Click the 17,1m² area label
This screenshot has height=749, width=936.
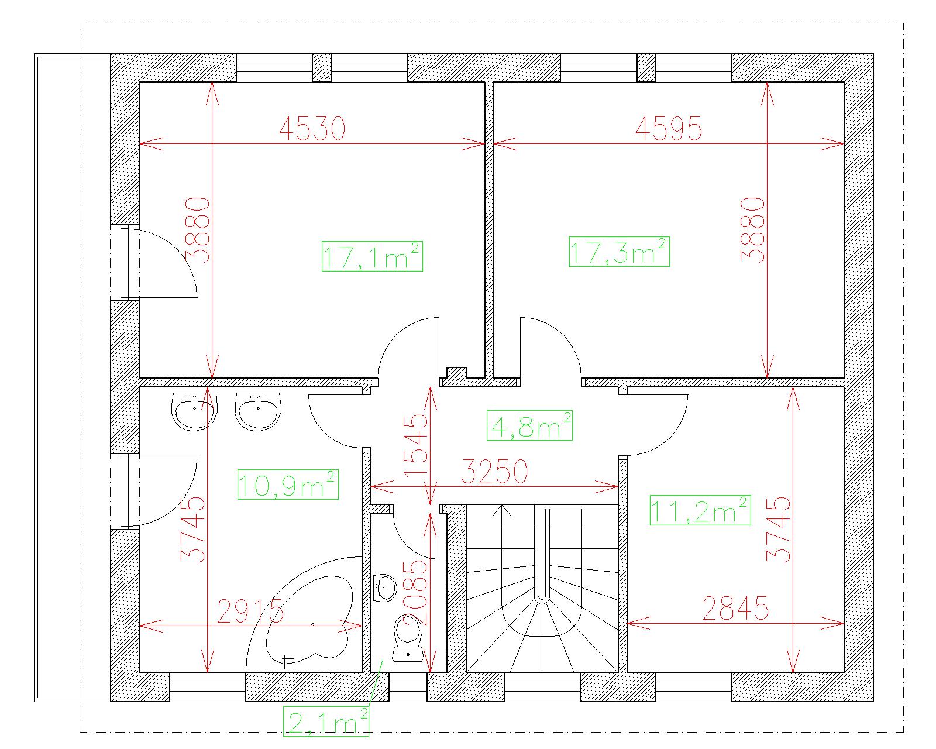372,256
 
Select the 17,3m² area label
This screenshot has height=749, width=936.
620,252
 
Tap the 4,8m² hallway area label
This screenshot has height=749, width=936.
529,425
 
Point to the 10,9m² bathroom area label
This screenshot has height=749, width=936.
288,485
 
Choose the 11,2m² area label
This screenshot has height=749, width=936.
700,510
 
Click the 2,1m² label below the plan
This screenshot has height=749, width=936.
326,721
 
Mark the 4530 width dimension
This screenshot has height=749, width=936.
312,129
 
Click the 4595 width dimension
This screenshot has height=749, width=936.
669,129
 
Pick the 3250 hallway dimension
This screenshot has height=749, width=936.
494,471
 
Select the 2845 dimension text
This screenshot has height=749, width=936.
735,608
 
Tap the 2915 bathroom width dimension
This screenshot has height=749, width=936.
250,611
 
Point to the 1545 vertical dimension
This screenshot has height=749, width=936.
416,445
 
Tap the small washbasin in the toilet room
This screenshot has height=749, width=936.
385,587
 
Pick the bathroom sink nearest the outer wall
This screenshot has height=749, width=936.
194,412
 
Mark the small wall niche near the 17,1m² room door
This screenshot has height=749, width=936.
457,373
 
